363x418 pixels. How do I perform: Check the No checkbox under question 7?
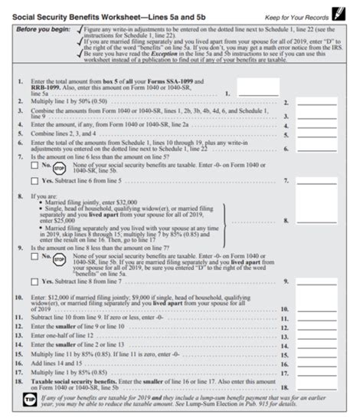pos(34,165)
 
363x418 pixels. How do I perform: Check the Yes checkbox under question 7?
pos(34,181)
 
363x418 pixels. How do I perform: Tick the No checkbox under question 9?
pos(34,258)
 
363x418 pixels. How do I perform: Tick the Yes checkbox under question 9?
pos(34,282)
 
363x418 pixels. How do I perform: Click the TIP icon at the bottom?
pos(28,401)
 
